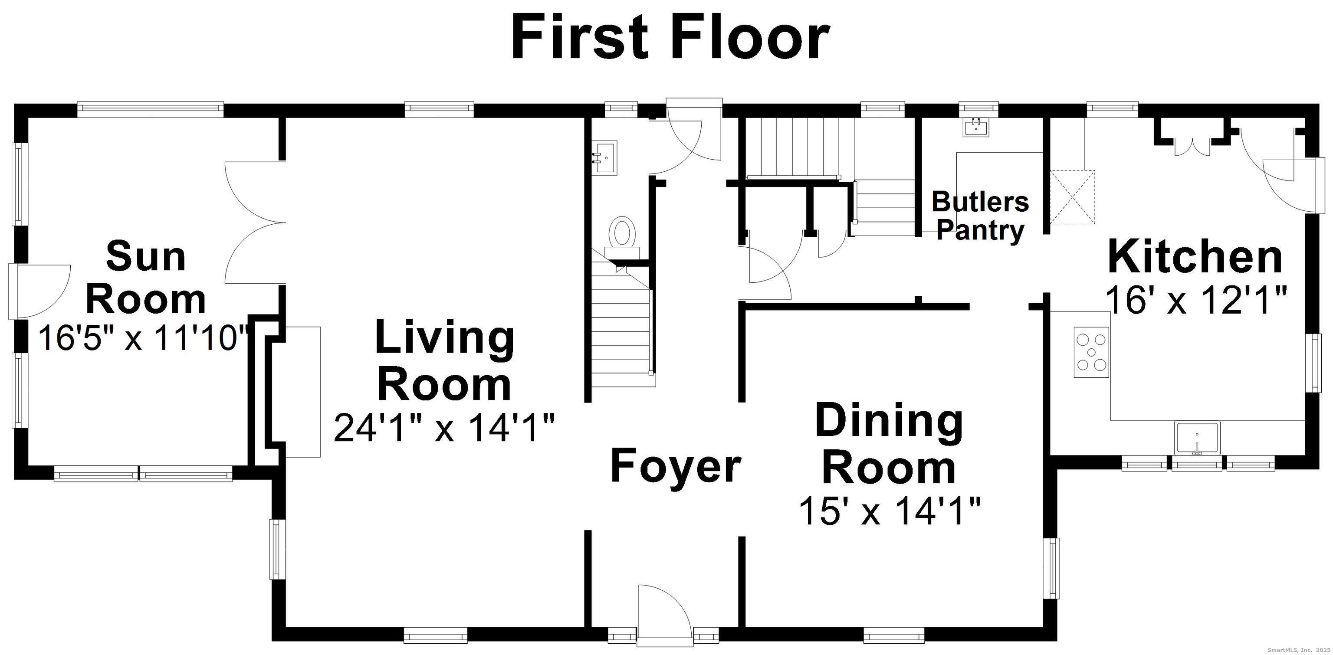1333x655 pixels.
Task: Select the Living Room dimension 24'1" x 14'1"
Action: click(444, 427)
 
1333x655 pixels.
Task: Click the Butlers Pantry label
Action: click(980, 216)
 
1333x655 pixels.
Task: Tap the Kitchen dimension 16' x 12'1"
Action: click(1195, 300)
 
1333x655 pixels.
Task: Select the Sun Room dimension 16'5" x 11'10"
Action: click(144, 338)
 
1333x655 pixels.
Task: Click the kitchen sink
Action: click(1197, 438)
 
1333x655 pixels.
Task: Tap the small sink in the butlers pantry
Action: click(976, 127)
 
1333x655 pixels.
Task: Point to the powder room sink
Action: click(604, 158)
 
